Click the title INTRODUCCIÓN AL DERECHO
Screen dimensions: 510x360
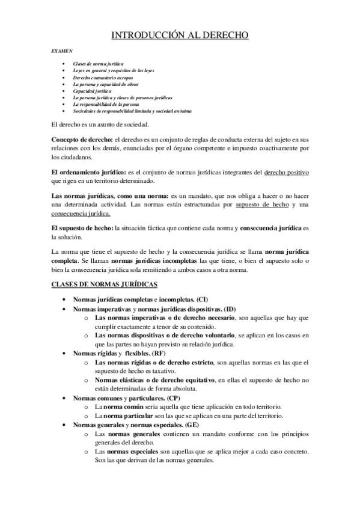pos(180,36)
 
